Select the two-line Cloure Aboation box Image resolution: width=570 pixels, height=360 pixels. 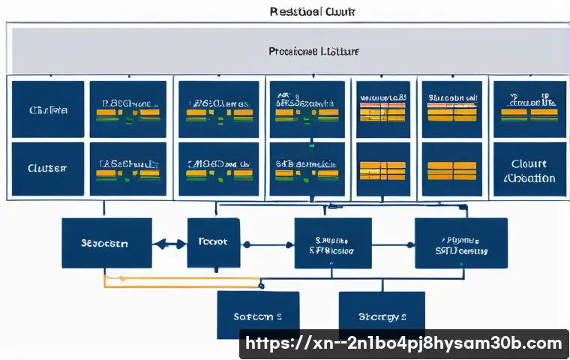(x=528, y=170)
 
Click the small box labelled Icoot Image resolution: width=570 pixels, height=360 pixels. (x=213, y=243)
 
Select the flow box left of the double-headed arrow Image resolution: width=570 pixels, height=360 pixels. (x=106, y=243)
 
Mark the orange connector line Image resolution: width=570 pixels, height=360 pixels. (x=180, y=279)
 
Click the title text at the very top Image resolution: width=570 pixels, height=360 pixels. (x=312, y=12)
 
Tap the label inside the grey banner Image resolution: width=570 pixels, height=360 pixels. (x=313, y=52)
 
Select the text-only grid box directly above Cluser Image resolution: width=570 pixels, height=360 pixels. (x=48, y=109)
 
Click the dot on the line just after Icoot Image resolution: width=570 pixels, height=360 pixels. (x=247, y=244)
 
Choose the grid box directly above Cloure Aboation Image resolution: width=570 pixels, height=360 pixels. (x=528, y=109)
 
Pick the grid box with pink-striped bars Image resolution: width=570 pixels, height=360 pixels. (x=382, y=109)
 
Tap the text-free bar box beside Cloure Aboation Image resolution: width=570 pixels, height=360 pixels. (x=450, y=170)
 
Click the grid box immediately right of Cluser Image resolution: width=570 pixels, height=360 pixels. (x=127, y=170)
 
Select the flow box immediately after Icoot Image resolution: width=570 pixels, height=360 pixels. (x=332, y=243)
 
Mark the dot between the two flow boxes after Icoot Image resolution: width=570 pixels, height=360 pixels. (x=409, y=244)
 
